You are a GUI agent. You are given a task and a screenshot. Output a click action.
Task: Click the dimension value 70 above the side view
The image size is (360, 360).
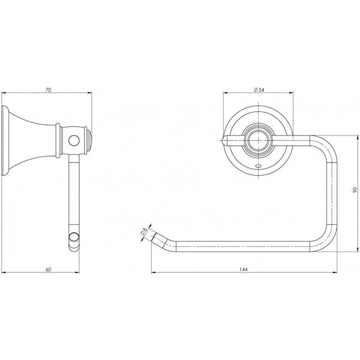[x=47, y=89]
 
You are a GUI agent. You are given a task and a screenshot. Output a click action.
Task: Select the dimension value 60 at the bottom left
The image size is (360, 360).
[x=47, y=269]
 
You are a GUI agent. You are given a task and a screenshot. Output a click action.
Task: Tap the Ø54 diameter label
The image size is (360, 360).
[x=260, y=89]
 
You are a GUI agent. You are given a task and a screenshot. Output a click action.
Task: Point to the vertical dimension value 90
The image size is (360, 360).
[x=355, y=190]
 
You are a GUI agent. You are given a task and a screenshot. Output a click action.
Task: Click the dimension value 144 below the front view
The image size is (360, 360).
[x=244, y=269]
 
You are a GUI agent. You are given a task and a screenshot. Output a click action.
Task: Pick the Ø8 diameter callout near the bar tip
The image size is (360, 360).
[x=144, y=230]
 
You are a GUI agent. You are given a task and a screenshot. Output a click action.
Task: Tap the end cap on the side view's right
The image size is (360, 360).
[x=88, y=140]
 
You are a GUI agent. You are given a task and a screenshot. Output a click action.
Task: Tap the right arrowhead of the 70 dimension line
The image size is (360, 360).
[x=89, y=94]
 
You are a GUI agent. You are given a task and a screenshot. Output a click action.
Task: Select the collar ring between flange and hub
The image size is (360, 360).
[x=58, y=141]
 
